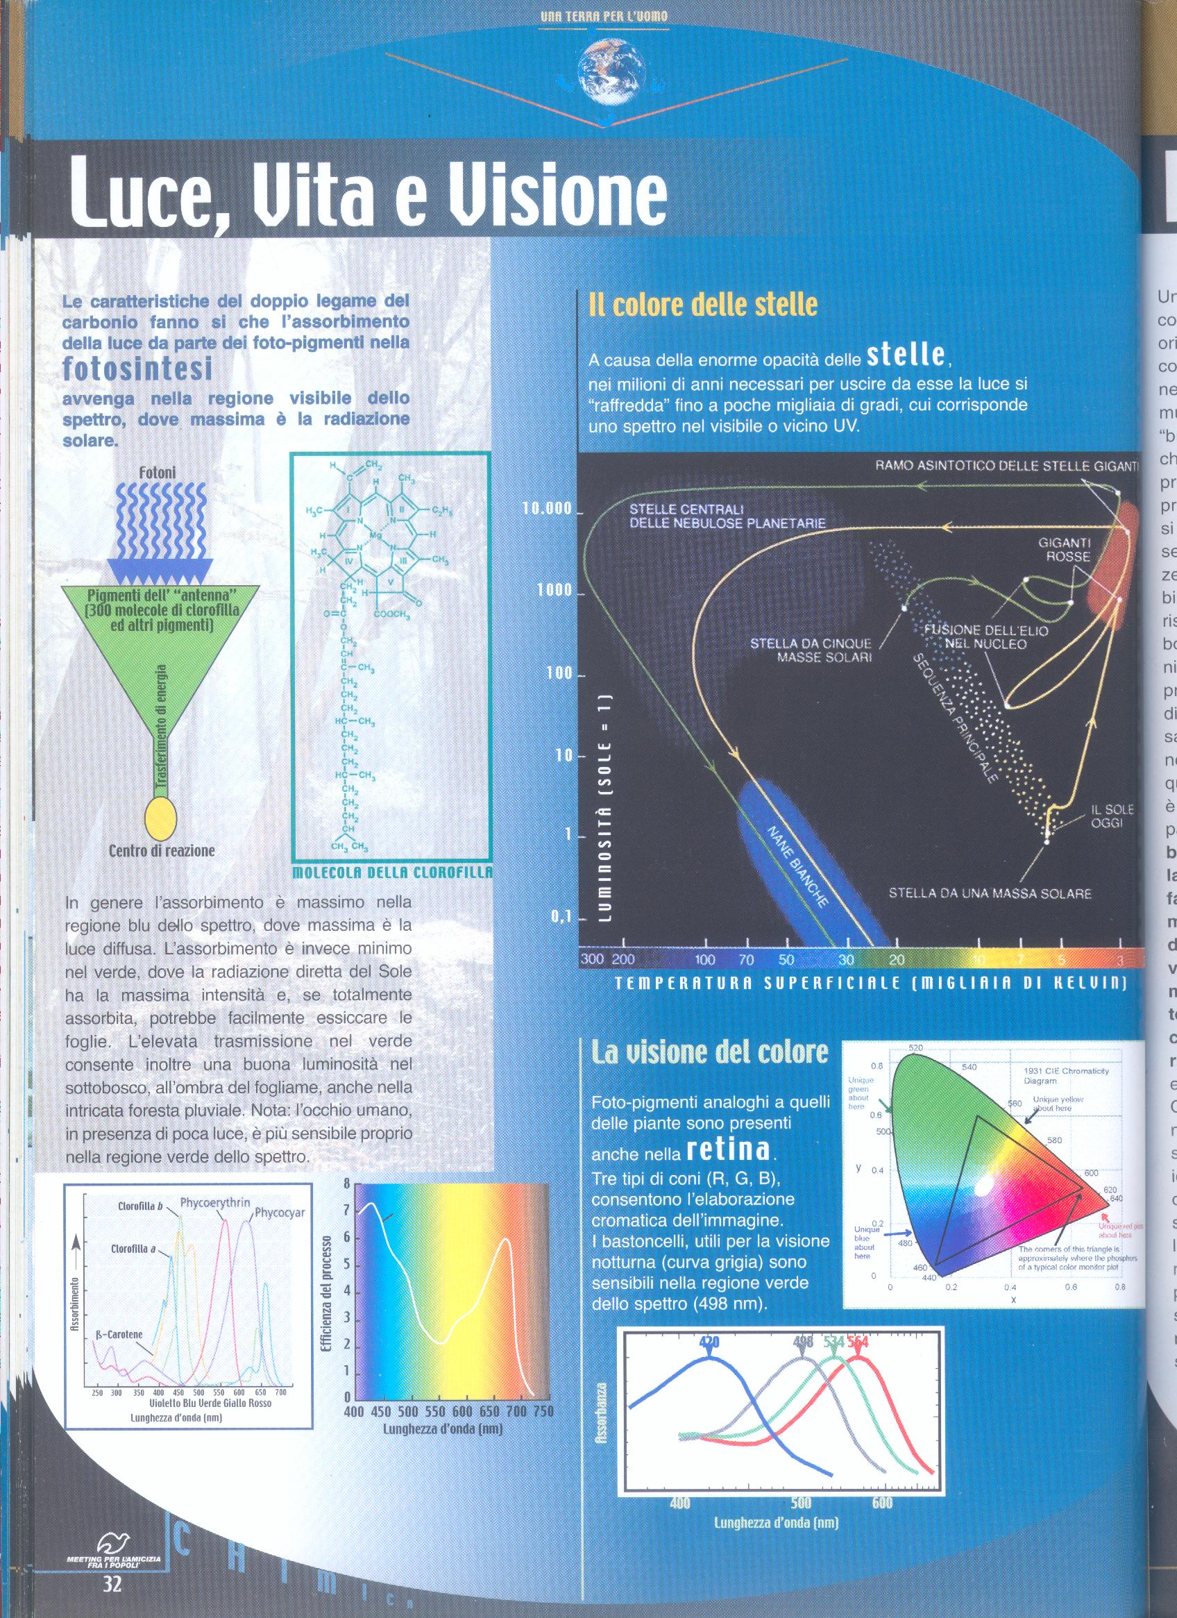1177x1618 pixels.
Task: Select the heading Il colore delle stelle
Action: [x=702, y=305]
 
